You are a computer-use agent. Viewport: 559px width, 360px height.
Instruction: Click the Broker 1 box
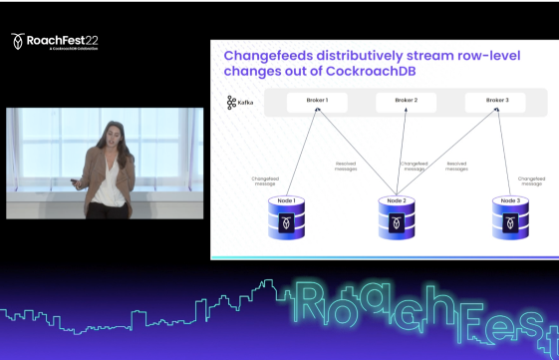(x=318, y=101)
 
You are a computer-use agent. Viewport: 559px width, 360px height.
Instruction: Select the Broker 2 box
(x=406, y=101)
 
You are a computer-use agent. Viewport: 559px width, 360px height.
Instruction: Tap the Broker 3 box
(x=497, y=101)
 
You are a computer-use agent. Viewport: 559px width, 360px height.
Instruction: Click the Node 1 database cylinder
(x=287, y=217)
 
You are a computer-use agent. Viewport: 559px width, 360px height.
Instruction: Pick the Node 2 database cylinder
(x=398, y=217)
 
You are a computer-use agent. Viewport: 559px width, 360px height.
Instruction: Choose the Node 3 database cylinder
(x=510, y=217)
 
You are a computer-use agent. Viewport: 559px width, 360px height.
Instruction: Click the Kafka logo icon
(x=231, y=102)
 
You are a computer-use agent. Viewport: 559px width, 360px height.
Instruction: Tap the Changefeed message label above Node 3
(x=533, y=180)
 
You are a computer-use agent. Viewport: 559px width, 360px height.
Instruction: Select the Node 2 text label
(x=398, y=200)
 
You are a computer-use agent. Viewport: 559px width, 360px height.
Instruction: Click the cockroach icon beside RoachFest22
(x=18, y=41)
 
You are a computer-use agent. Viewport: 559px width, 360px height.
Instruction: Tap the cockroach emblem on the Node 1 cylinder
(x=287, y=223)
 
